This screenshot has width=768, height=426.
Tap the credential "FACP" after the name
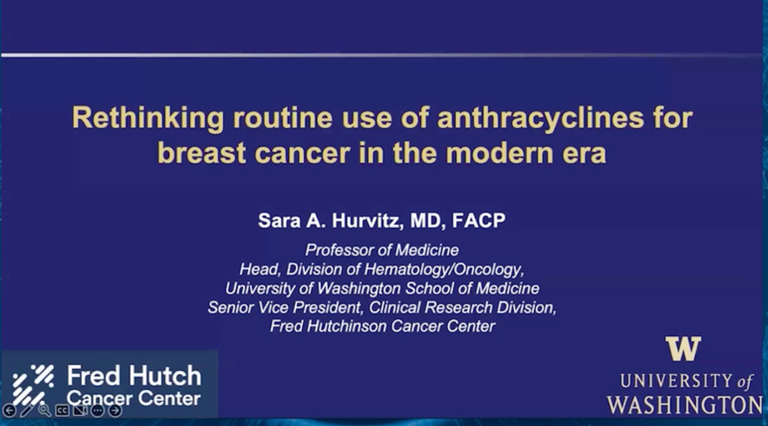[478, 220]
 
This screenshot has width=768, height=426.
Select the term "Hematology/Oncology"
[444, 270]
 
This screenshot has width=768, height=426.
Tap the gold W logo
[683, 349]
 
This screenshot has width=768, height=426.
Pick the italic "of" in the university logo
[745, 382]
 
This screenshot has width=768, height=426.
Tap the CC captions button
[62, 411]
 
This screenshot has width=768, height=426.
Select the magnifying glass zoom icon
[44, 410]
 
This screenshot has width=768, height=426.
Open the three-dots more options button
[97, 411]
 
